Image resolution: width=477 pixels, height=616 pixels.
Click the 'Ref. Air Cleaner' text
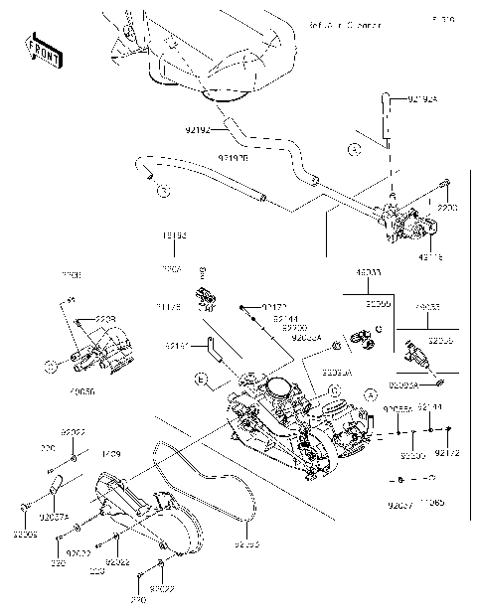[345, 23]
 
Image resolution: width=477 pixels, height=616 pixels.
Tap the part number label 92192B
[233, 157]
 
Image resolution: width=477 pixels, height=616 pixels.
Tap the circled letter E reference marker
[201, 380]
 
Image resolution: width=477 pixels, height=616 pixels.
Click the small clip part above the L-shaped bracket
[207, 296]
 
